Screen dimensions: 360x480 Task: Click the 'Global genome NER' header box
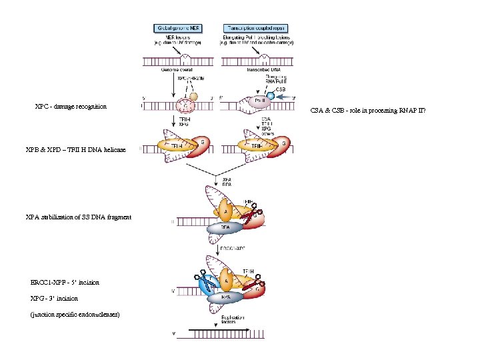[178, 28]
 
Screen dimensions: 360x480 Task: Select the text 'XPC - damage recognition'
[71, 107]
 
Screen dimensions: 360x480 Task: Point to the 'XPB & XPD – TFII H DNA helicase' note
[75, 150]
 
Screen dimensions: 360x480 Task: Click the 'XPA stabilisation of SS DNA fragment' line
[78, 217]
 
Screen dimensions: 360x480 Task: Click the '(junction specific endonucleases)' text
[75, 315]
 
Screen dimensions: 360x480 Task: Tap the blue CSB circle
[271, 96]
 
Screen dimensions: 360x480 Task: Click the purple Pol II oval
[255, 103]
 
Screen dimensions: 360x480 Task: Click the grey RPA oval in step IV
[227, 297]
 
